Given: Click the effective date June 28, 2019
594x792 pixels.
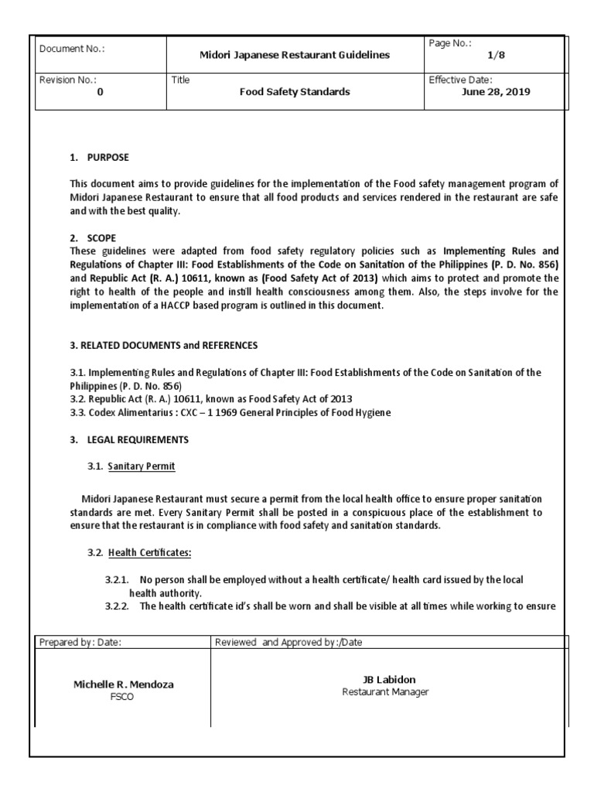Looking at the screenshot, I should (x=495, y=91).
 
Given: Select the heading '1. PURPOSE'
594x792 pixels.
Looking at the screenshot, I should (x=99, y=158).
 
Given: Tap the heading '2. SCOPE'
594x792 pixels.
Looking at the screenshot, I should (x=93, y=238).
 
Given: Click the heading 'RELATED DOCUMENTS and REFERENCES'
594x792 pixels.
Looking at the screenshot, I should (x=167, y=345).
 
